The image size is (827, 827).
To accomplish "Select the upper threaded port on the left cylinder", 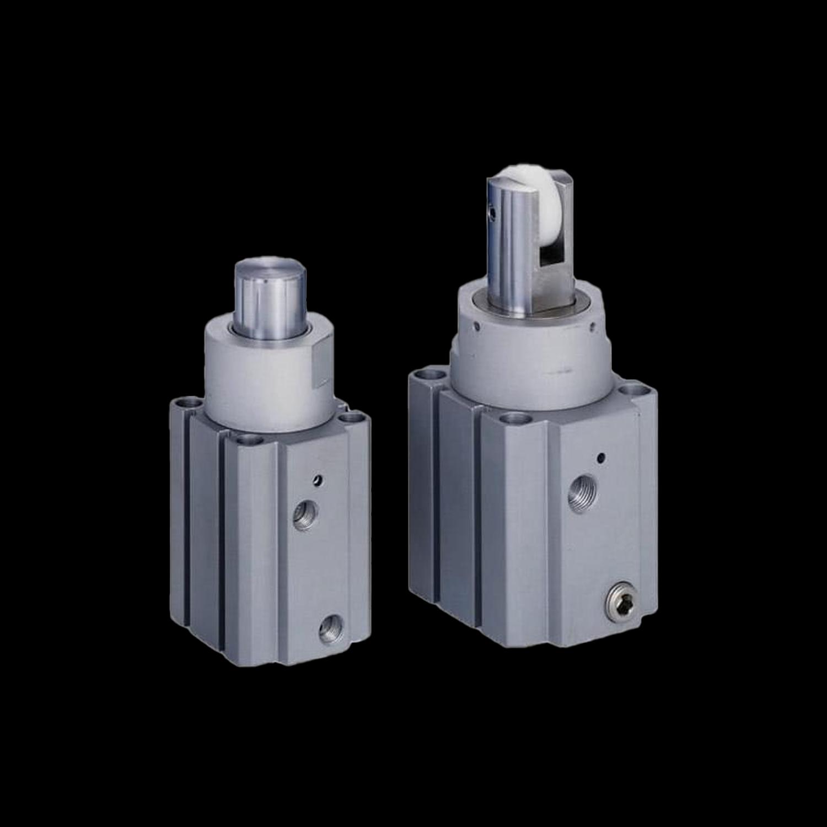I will [304, 515].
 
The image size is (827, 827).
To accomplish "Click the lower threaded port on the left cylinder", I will [330, 629].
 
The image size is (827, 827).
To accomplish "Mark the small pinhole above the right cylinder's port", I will [602, 457].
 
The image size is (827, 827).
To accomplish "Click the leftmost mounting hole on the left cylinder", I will [185, 405].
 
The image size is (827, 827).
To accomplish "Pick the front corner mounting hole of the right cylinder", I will [516, 419].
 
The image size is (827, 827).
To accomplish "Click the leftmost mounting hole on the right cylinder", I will [427, 375].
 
